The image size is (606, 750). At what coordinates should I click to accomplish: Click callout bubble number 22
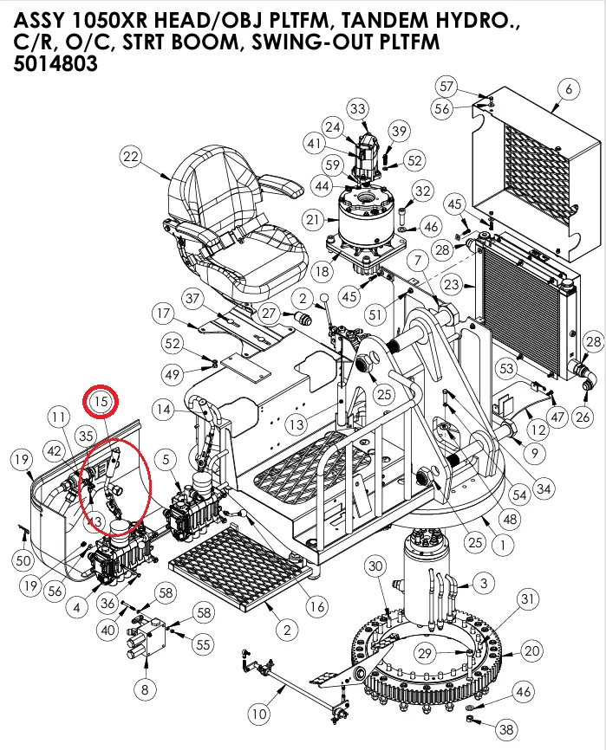tap(130, 157)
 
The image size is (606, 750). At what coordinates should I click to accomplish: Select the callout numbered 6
tap(569, 89)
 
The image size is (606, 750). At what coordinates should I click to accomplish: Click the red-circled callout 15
tap(101, 401)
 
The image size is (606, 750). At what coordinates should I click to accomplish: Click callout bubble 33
tap(358, 108)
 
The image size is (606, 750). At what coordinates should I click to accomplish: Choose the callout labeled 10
tap(258, 714)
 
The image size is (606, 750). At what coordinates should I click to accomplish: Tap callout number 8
tap(144, 689)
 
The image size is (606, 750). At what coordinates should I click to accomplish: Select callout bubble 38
tap(506, 729)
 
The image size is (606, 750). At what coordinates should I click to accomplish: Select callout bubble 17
tap(164, 312)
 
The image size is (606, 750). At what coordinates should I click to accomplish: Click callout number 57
tap(446, 87)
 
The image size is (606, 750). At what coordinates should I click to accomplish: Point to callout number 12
tap(538, 429)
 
